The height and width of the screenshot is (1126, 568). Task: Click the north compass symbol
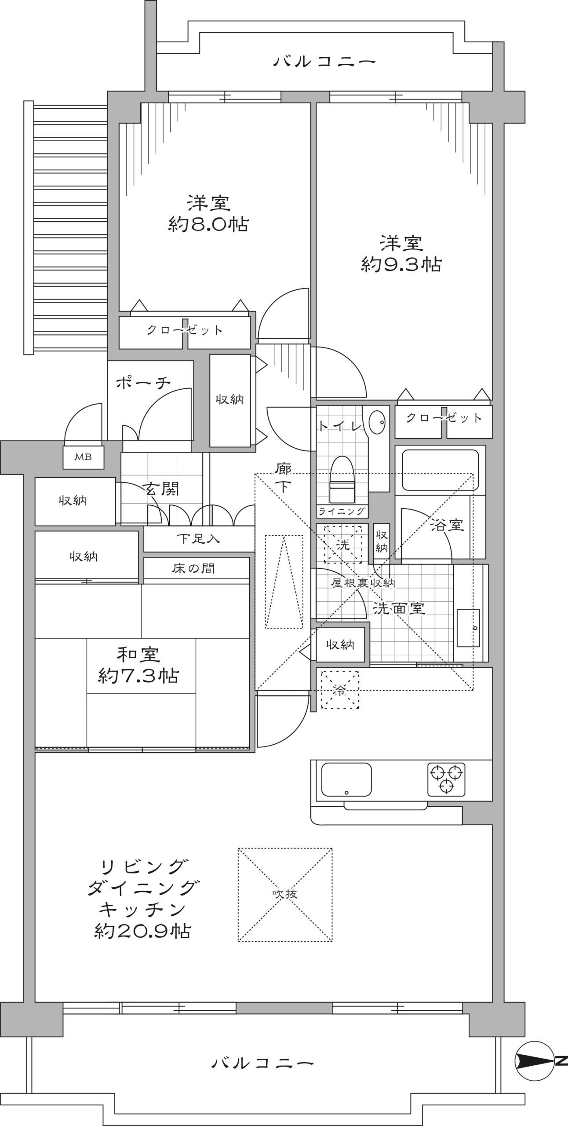point(540,1061)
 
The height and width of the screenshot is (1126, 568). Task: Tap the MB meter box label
point(83,457)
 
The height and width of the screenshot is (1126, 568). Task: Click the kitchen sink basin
point(346,779)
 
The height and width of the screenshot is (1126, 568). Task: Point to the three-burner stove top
point(446,779)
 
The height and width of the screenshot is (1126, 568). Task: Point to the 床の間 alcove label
point(193,569)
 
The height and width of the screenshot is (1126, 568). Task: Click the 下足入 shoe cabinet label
point(198,538)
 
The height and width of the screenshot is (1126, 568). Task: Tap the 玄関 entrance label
point(162,488)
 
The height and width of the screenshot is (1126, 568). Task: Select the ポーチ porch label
point(143,383)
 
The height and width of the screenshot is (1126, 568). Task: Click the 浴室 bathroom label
point(447,525)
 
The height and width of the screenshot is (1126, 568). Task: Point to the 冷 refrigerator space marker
point(339,690)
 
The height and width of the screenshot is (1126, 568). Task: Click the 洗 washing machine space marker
point(342,544)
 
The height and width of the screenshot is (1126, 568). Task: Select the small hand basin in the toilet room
point(377,423)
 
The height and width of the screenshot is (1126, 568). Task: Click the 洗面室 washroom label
point(399,608)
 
